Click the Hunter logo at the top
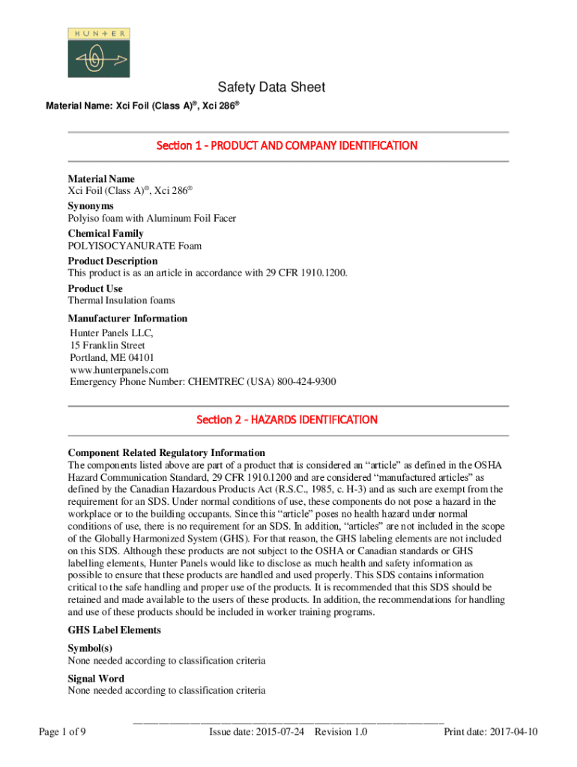(97, 52)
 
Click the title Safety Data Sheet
(271, 88)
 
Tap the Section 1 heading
(286, 145)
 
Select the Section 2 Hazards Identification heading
(286, 419)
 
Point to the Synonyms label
(91, 205)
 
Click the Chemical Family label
(105, 233)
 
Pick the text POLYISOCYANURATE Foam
(135, 246)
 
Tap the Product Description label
(112, 261)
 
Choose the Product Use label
(95, 288)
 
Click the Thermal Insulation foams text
(121, 300)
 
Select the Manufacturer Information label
(127, 318)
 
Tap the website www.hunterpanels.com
(119, 370)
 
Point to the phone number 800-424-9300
(306, 382)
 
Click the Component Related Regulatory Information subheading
(166, 452)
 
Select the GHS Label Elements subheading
(114, 630)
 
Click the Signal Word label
(96, 679)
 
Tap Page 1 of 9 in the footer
(62, 732)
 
